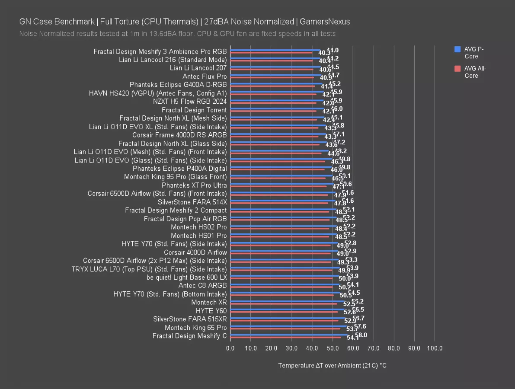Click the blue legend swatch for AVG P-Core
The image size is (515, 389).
457,49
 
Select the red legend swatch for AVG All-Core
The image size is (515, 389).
457,69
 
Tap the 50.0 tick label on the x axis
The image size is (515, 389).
332,348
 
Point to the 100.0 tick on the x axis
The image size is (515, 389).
435,348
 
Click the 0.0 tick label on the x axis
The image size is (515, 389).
230,348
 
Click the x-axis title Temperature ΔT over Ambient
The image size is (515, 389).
332,366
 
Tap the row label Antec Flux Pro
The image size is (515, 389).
205,77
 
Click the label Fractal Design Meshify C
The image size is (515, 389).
189,336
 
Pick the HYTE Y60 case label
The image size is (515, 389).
211,311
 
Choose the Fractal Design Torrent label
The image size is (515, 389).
194,110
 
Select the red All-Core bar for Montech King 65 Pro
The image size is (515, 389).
285,329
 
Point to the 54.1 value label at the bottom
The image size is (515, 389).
352,338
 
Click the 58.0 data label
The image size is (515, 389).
361,335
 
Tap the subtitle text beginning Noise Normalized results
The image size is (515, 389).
178,34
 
